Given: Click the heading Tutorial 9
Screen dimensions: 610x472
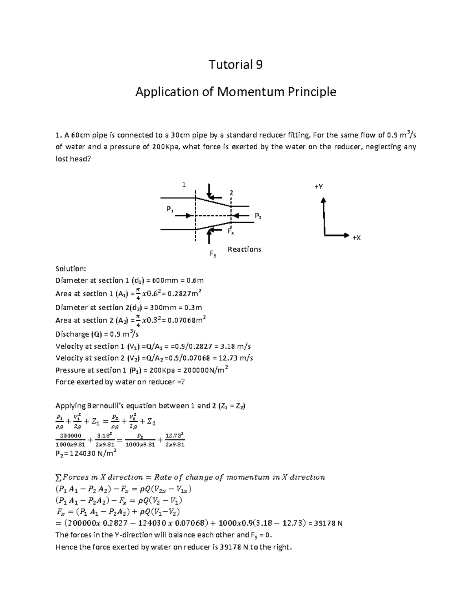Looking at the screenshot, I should pos(235,64).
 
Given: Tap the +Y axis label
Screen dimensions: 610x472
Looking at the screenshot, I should pos(318,187).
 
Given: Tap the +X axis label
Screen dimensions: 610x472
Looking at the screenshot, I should pos(356,238).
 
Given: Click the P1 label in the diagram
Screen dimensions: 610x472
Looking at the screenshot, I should pos(170,210).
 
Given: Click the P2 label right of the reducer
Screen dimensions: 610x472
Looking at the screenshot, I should pos(258,216).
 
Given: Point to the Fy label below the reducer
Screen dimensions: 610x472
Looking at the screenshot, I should pos(213,255).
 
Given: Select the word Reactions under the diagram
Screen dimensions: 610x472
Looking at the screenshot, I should pos(244,249).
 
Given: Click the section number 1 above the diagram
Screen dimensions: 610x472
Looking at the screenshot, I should pos(183,185).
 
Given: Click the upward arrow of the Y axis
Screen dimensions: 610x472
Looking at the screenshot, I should pos(323,201).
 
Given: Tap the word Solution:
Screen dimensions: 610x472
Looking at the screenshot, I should pos(70,269).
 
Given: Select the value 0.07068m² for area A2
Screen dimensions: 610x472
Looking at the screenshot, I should pos(186,321).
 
